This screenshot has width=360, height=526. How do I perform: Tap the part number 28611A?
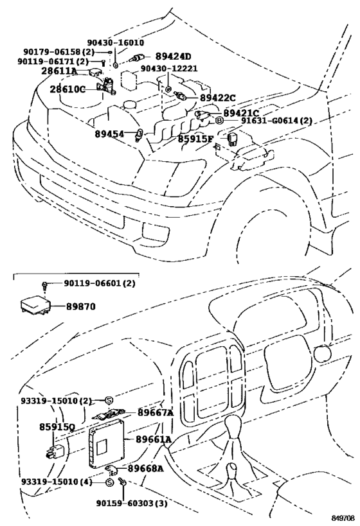pos(59,71)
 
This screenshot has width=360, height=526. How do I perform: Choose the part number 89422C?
pos(217,98)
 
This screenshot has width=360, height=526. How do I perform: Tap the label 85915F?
pos(196,137)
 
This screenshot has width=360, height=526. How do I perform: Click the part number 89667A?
pos(156,414)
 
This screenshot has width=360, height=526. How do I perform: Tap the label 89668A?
pos(146,468)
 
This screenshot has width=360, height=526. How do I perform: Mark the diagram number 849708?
pos(341,516)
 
